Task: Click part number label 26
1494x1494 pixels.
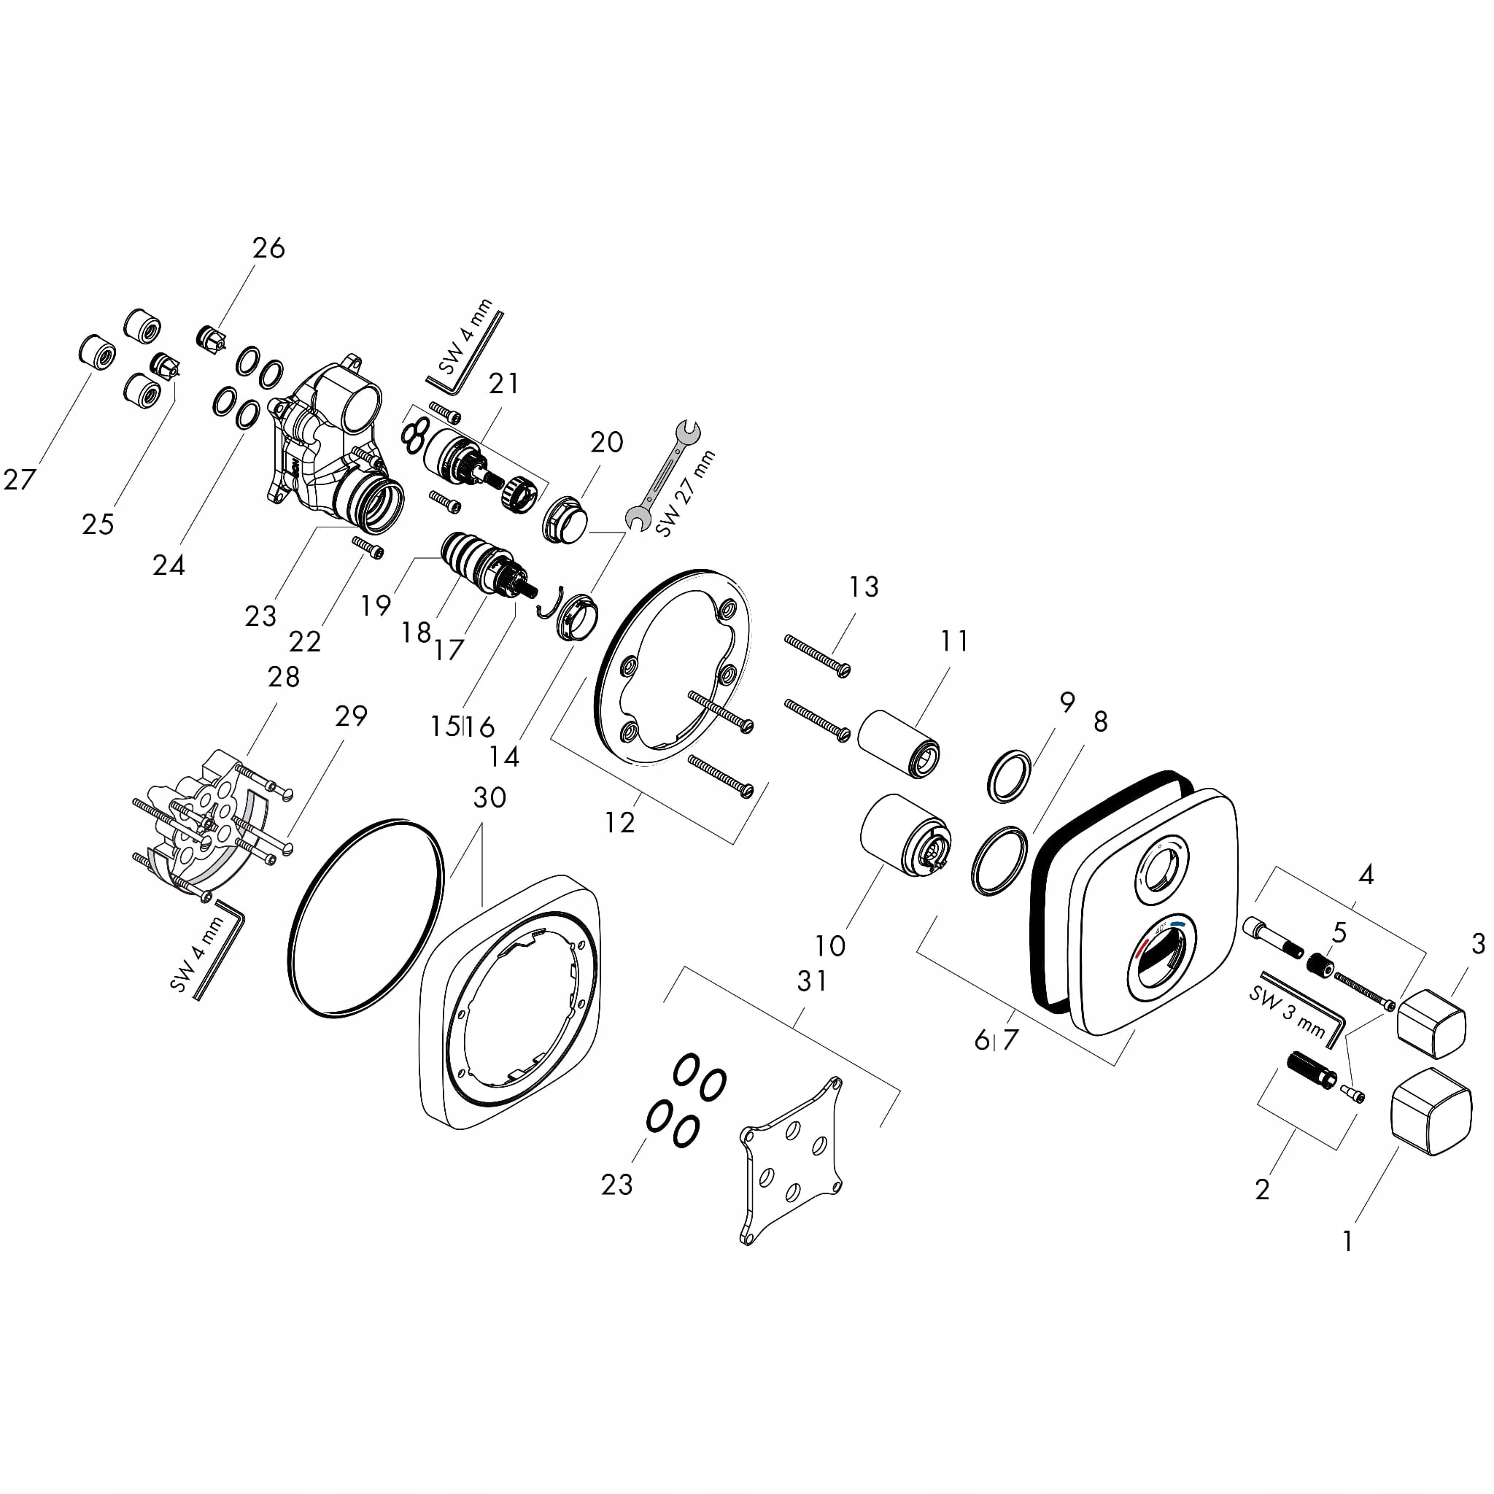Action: coord(268,248)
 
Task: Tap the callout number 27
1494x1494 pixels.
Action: coord(20,479)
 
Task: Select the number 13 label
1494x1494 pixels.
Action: coord(864,587)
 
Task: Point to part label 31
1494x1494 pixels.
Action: coord(812,981)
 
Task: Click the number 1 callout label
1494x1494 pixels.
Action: coord(1348,1241)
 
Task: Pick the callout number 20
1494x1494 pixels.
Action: coord(606,442)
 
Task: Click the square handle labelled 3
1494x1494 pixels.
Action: coord(1431,1023)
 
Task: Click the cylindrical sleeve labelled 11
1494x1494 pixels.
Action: coord(899,743)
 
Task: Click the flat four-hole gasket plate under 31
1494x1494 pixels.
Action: coord(791,1158)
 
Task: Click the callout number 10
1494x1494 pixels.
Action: coord(829,944)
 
